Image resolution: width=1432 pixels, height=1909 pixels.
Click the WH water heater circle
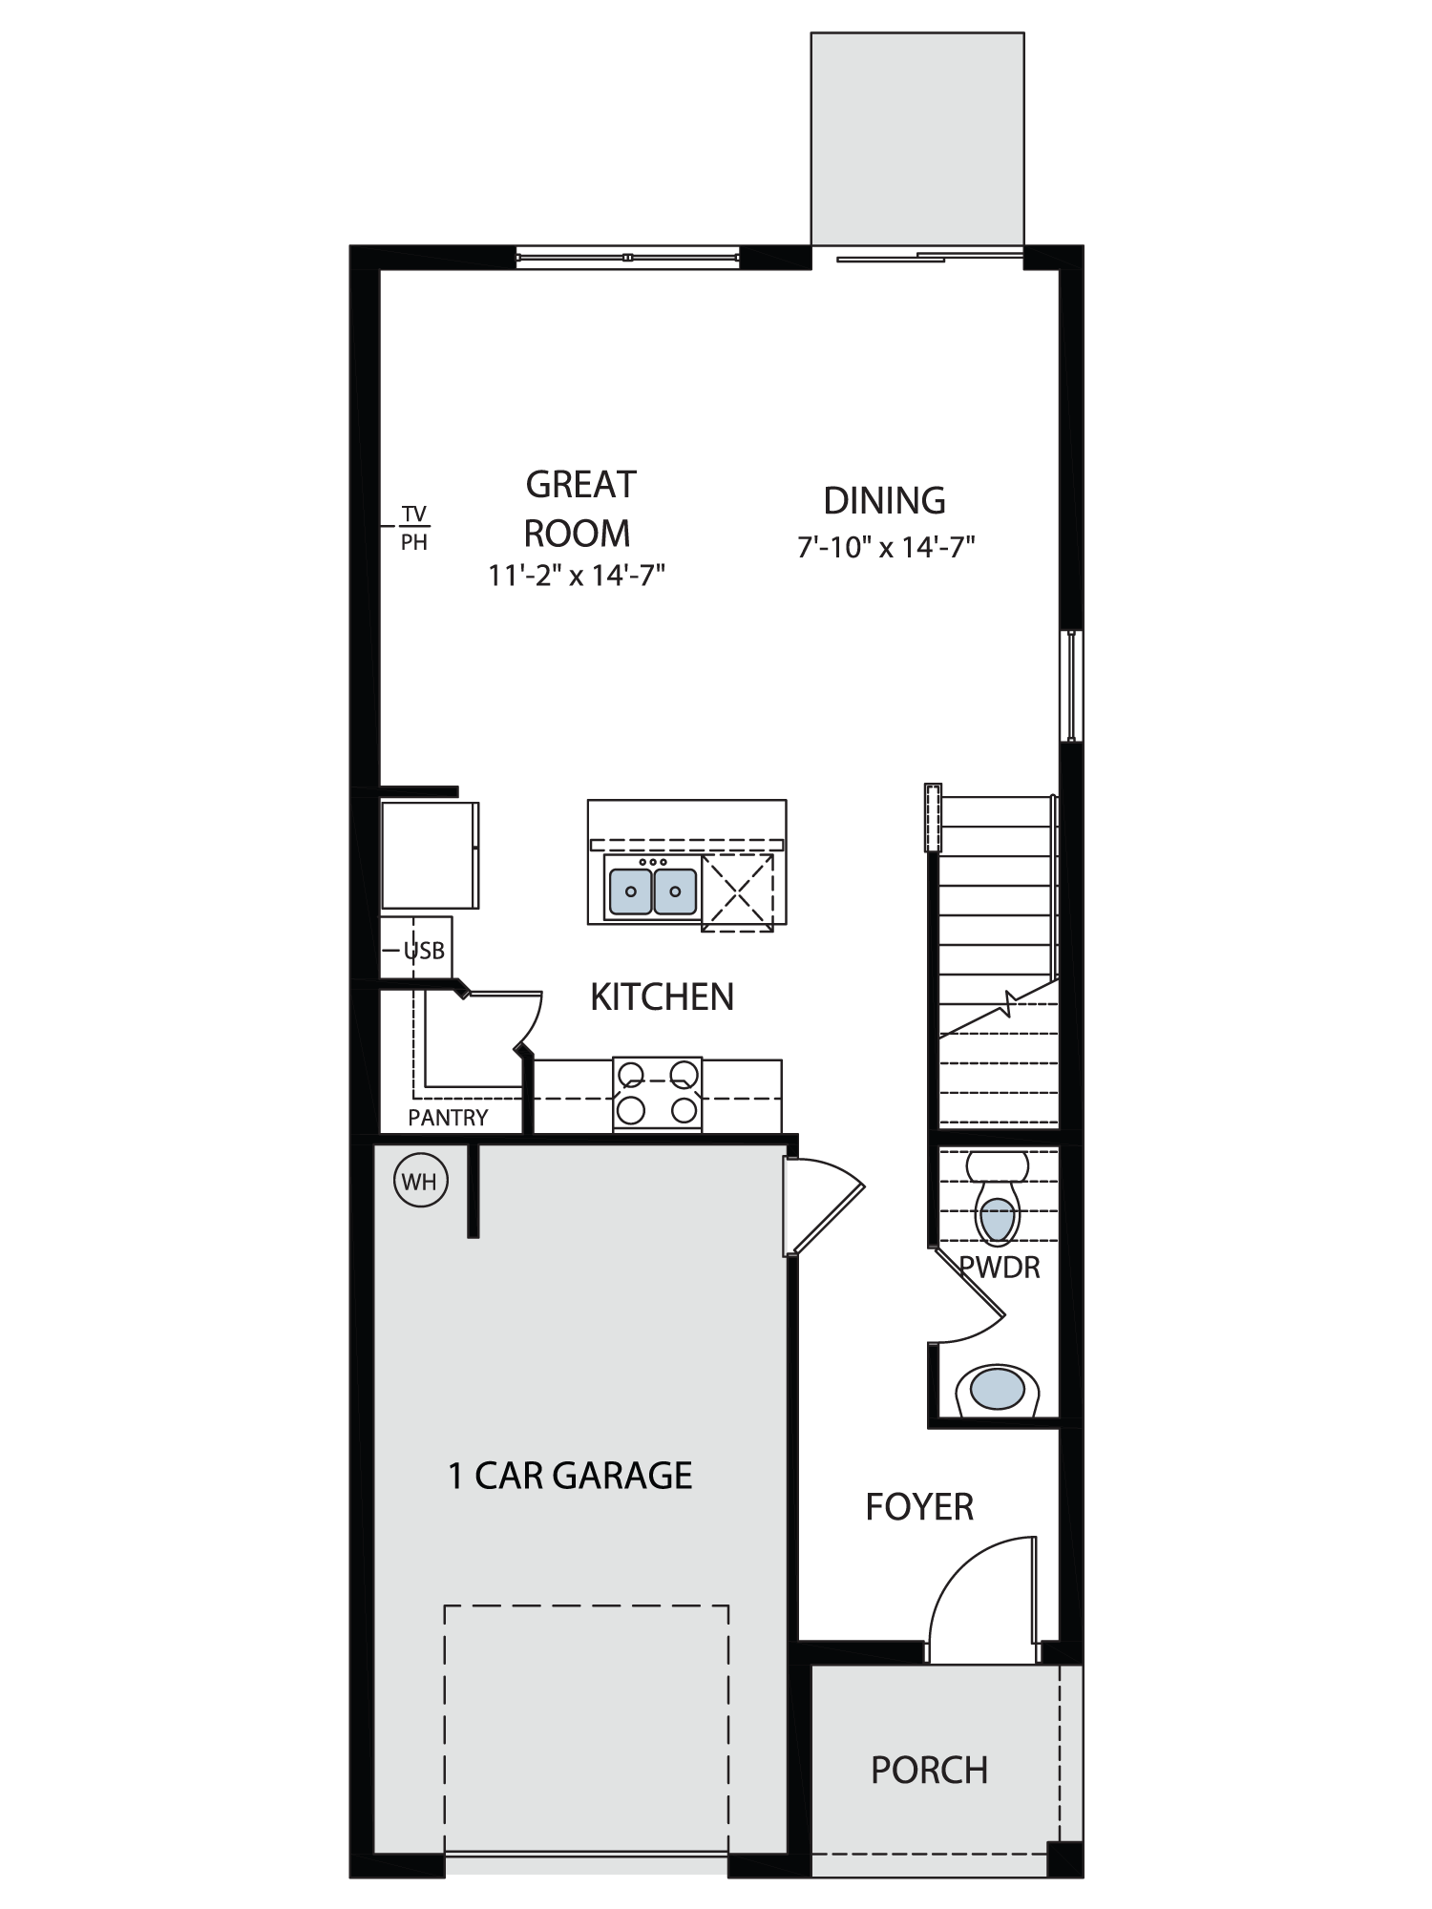pyautogui.click(x=420, y=1182)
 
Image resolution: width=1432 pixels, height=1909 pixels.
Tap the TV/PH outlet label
pyautogui.click(x=413, y=528)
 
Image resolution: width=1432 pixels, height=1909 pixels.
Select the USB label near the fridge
pyautogui.click(x=424, y=951)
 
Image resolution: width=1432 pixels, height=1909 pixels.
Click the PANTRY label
pyautogui.click(x=448, y=1118)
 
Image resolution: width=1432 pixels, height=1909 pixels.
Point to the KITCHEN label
pyautogui.click(x=662, y=996)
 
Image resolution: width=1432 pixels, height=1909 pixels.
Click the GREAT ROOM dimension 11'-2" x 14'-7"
pyautogui.click(x=577, y=576)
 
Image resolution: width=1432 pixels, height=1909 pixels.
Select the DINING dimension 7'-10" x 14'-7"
pyautogui.click(x=886, y=547)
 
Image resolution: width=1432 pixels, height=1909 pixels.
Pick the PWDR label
pyautogui.click(x=999, y=1267)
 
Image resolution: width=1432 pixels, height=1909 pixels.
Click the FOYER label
pyautogui.click(x=918, y=1507)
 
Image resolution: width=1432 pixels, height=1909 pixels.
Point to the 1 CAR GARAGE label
pyautogui.click(x=570, y=1475)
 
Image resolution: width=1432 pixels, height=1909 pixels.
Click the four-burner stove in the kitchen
pyautogui.click(x=657, y=1094)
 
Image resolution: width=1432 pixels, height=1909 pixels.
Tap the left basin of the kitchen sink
pyautogui.click(x=630, y=891)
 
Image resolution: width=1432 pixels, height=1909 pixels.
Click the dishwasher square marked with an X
pyautogui.click(x=737, y=893)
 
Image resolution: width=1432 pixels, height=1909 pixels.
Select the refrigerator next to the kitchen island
pyautogui.click(x=430, y=855)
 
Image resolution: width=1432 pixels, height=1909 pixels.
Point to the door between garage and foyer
pyautogui.click(x=823, y=1205)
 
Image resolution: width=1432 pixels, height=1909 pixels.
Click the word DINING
pyautogui.click(x=884, y=500)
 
